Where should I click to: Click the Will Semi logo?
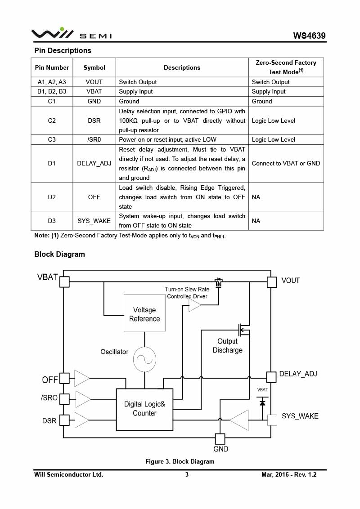(x=71, y=34)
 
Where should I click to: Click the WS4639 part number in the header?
(x=309, y=36)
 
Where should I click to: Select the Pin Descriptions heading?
(x=63, y=50)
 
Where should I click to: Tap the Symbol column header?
(x=94, y=67)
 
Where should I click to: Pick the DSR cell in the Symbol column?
(x=94, y=121)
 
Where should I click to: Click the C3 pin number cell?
(x=52, y=139)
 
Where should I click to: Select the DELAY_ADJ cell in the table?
(x=94, y=163)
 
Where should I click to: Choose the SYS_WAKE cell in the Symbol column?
(x=94, y=221)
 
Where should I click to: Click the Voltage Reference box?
(x=144, y=314)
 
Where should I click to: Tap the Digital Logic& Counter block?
(x=144, y=409)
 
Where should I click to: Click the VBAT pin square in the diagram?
(x=64, y=282)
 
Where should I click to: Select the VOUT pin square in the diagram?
(x=271, y=282)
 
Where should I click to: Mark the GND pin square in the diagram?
(x=220, y=438)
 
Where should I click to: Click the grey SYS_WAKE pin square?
(x=272, y=420)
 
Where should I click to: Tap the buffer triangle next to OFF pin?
(x=81, y=378)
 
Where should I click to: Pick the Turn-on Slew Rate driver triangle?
(x=194, y=305)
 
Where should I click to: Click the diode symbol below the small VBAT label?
(x=262, y=403)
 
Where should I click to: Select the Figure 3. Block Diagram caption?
(x=180, y=461)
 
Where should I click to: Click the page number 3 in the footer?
(x=187, y=474)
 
